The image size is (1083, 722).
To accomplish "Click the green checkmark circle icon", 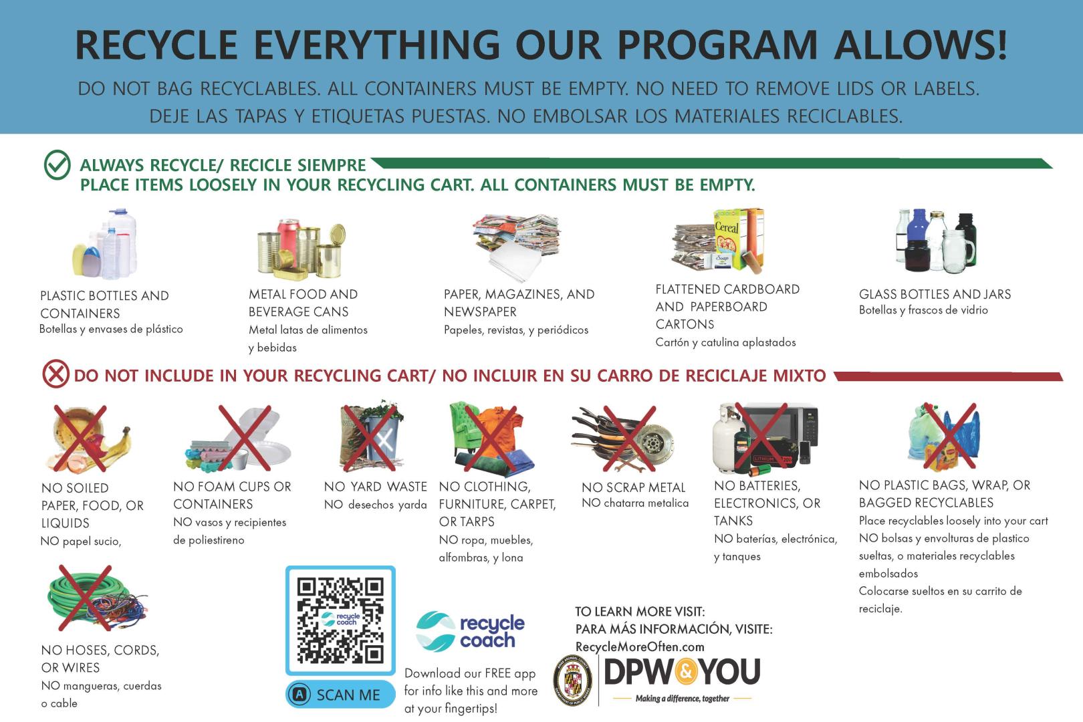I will [57, 165].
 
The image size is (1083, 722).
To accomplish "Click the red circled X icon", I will [55, 374].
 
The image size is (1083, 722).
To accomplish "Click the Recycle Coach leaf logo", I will [436, 631].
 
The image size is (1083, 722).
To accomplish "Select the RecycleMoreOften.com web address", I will [640, 646].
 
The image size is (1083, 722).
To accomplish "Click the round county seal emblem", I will [574, 682].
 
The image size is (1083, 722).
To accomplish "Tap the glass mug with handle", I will [956, 250].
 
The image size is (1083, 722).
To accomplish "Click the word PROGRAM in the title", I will [716, 45].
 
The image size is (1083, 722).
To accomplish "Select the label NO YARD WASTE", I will [375, 487].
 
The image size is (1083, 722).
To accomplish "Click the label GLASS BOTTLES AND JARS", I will [935, 294].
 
